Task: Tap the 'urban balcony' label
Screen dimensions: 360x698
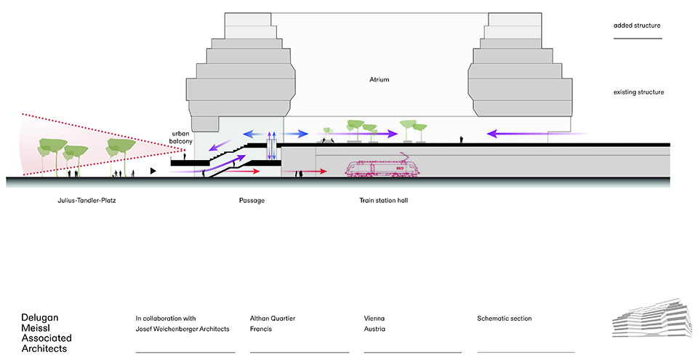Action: pos(180,137)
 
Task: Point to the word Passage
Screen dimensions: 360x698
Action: pos(251,200)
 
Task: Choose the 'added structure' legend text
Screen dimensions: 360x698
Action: pos(637,25)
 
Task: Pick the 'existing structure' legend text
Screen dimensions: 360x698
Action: pos(638,92)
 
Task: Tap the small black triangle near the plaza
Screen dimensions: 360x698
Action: pos(153,170)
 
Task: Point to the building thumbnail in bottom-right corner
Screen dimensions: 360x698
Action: pos(649,319)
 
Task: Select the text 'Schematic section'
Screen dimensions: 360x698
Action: pos(505,319)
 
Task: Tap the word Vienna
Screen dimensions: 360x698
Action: pos(374,319)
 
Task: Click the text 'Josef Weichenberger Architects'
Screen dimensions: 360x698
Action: pos(182,329)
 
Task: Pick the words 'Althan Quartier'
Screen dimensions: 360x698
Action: pos(273,319)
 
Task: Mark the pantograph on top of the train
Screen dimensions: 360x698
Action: pos(401,156)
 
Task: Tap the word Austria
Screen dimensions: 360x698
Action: pos(374,329)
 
